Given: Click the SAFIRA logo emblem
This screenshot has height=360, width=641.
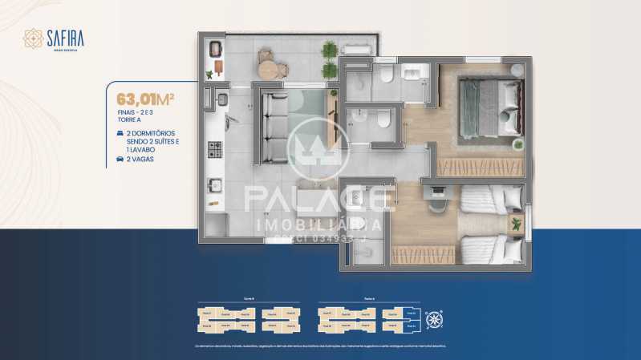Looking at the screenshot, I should [33, 38].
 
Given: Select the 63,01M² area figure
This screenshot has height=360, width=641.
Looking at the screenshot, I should [145, 99].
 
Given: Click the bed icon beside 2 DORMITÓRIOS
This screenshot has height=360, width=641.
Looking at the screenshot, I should [120, 132].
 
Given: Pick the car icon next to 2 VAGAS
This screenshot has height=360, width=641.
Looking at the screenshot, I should [120, 159].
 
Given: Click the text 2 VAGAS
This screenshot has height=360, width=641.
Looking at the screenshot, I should [140, 159].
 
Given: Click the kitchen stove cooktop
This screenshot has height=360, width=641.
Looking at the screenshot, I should [215, 149].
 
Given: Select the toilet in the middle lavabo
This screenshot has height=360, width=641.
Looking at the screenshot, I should [383, 120].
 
